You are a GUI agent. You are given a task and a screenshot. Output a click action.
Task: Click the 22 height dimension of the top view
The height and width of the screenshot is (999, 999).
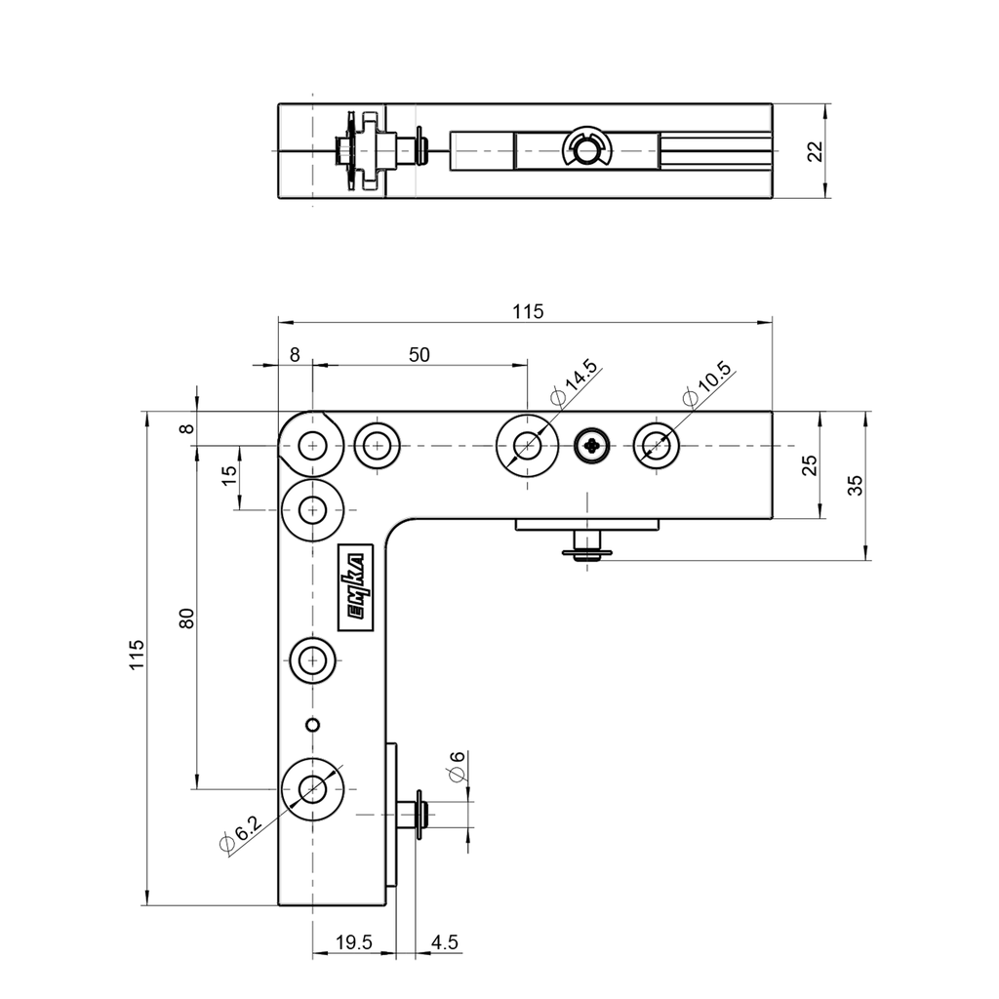tap(817, 151)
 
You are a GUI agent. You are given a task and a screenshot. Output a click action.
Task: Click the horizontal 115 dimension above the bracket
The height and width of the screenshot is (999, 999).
tap(527, 311)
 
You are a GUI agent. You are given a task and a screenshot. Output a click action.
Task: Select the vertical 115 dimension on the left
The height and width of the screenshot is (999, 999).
tap(138, 656)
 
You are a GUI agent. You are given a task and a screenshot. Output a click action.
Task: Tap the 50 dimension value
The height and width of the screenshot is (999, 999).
tap(419, 355)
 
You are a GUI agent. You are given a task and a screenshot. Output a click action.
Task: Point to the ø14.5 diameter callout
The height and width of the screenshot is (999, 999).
tap(574, 383)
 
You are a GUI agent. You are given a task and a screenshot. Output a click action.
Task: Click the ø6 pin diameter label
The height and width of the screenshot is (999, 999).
tap(456, 768)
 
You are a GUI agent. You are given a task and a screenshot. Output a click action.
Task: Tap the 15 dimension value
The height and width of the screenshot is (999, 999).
tap(230, 477)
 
